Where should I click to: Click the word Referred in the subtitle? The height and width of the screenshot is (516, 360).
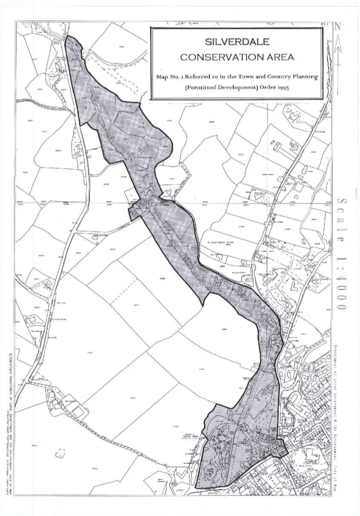(x=201, y=77)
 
